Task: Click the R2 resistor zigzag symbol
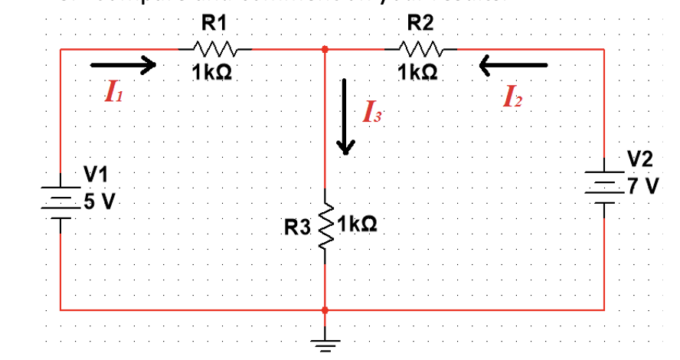(418, 50)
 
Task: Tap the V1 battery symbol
(60, 201)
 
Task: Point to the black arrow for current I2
(513, 66)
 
